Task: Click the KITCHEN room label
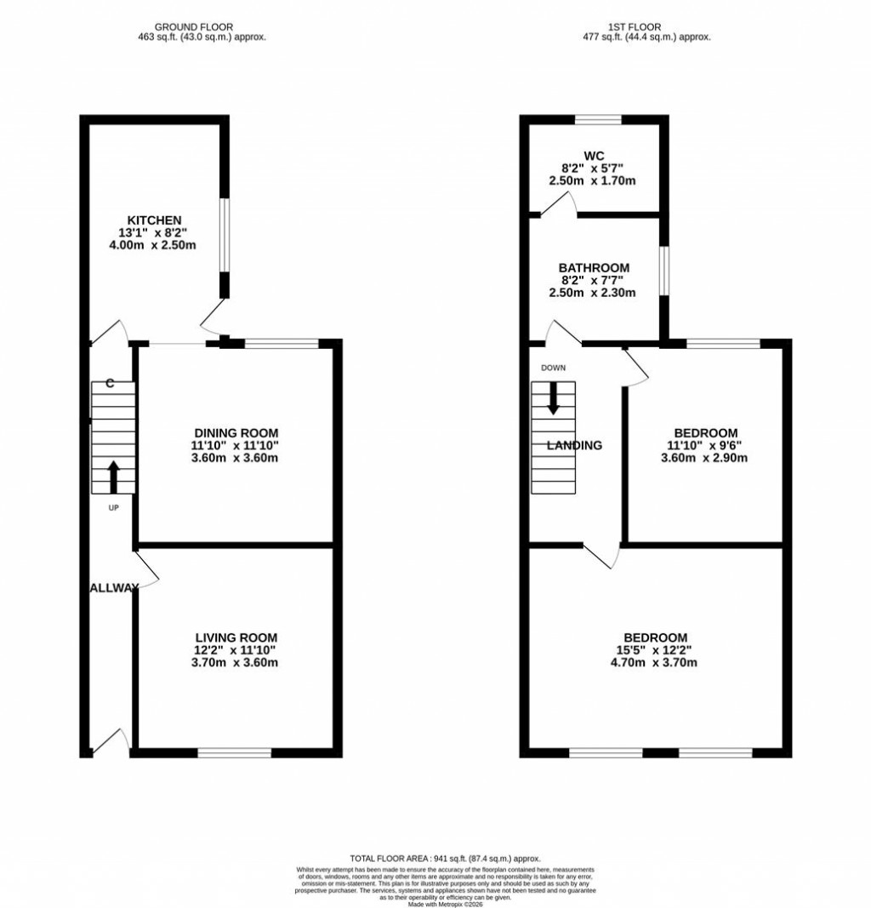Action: click(155, 220)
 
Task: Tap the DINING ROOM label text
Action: click(236, 432)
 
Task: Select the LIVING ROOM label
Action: click(236, 637)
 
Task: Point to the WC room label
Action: click(593, 155)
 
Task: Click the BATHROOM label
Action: click(594, 267)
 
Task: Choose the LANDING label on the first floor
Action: click(574, 445)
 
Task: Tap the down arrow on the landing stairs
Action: click(553, 398)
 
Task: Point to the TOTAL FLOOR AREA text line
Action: click(445, 859)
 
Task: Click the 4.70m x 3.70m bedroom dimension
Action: click(655, 663)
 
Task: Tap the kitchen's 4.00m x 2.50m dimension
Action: click(155, 246)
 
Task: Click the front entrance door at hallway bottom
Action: click(111, 742)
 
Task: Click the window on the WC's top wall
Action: click(597, 120)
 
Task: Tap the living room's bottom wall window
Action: click(234, 752)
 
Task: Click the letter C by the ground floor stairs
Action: click(110, 384)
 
